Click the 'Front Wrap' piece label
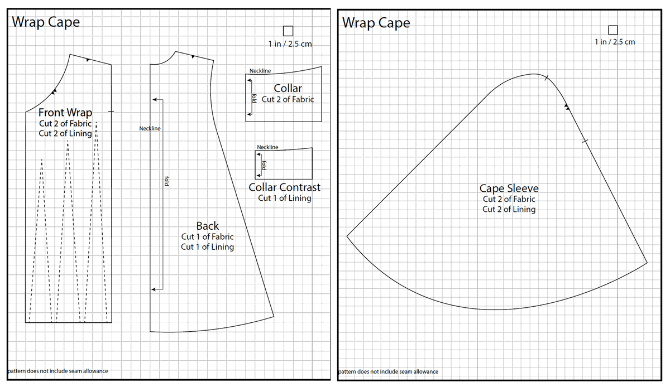click(x=65, y=113)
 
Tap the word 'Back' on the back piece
click(x=207, y=226)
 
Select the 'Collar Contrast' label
click(x=285, y=187)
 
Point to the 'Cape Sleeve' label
click(x=509, y=188)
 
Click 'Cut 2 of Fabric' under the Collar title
click(x=288, y=99)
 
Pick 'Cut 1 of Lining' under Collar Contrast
click(x=285, y=198)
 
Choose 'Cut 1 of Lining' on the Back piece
click(x=207, y=247)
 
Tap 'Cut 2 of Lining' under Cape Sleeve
click(x=509, y=209)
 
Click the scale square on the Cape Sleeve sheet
click(x=613, y=30)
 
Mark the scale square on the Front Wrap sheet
click(x=288, y=31)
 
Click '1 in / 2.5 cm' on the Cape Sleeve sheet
click(x=615, y=42)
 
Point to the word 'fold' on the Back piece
click(x=166, y=181)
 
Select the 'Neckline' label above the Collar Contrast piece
click(x=267, y=147)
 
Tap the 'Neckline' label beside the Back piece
click(x=150, y=129)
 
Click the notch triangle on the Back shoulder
click(x=193, y=57)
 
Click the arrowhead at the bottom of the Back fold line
click(x=154, y=289)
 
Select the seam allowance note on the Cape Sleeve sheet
click(x=388, y=371)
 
